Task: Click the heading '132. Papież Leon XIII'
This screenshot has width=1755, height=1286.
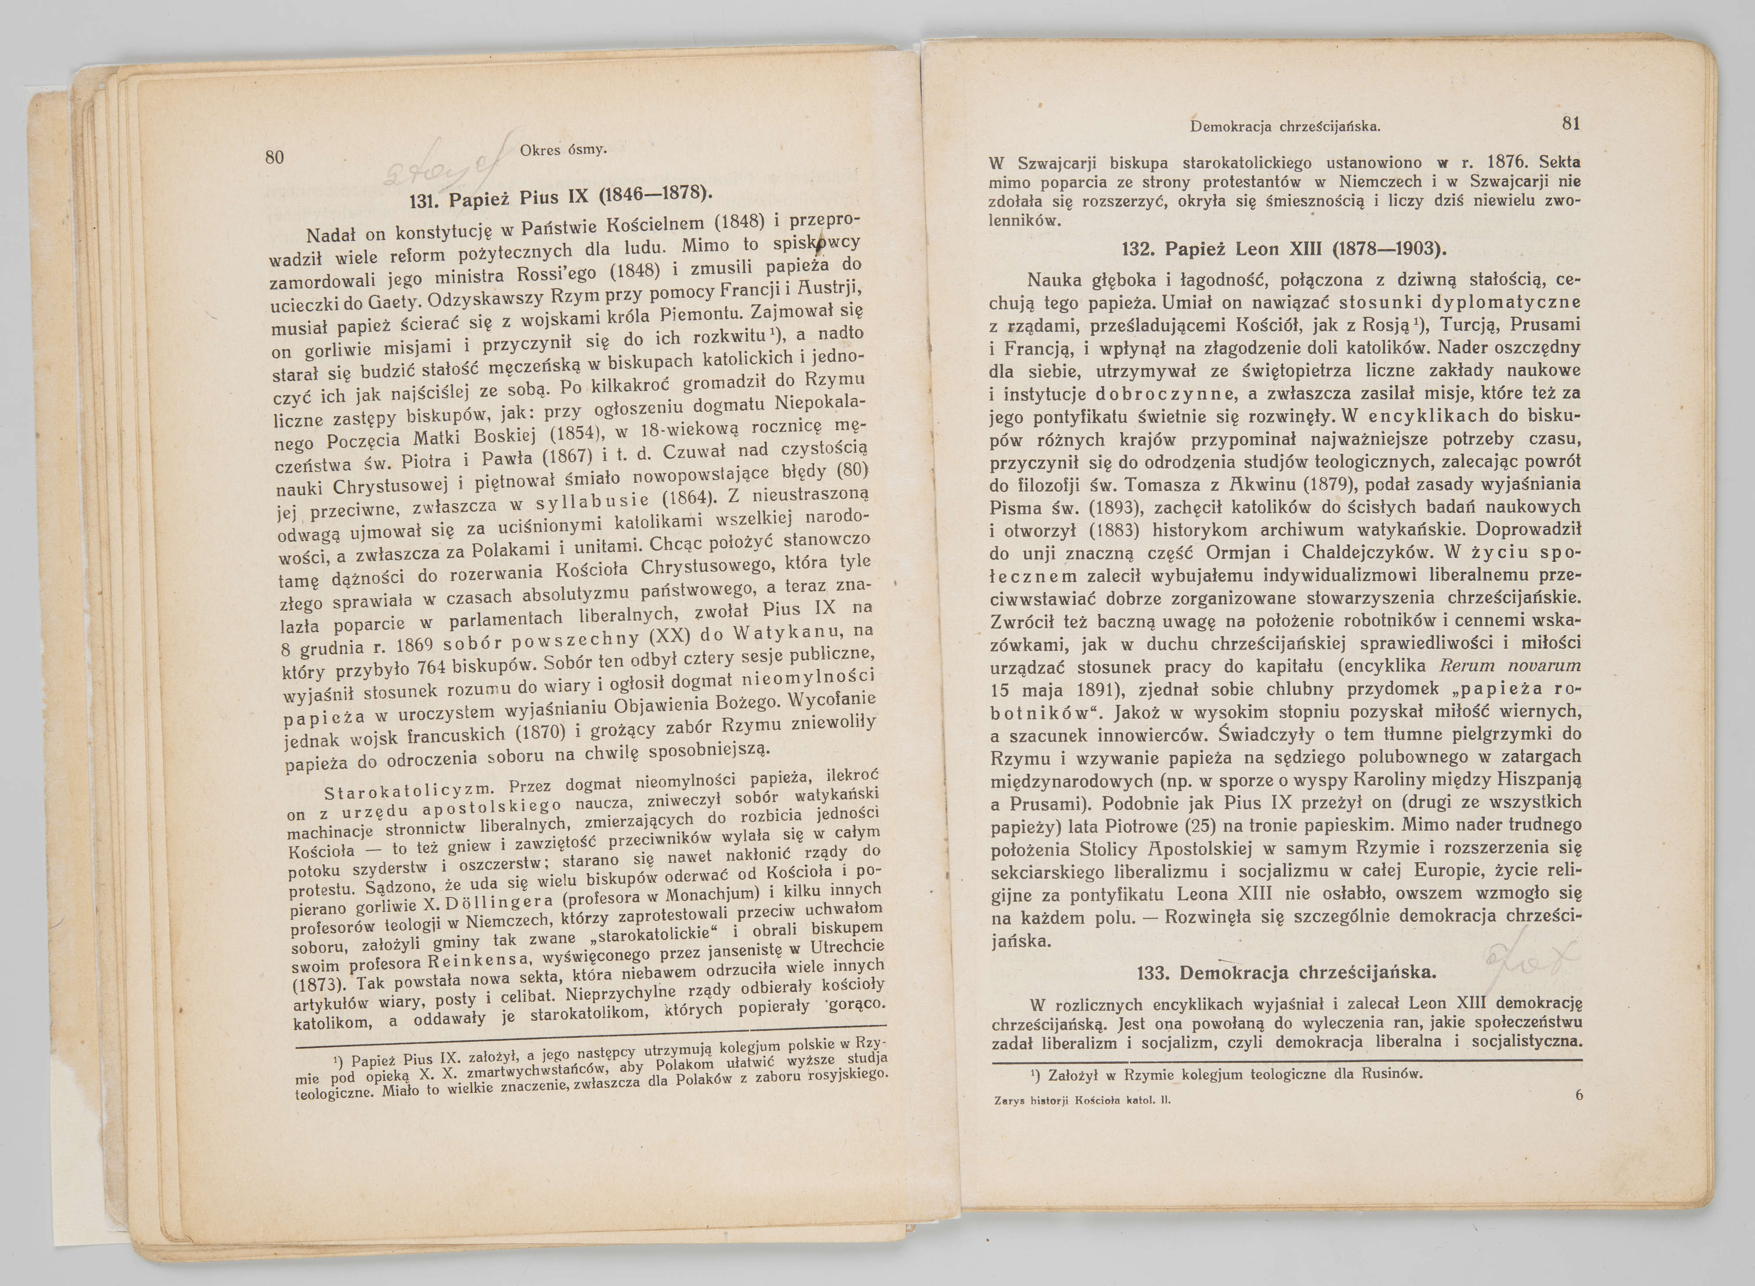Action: click(x=1284, y=249)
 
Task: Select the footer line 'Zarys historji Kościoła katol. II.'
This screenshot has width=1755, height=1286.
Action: click(x=1082, y=1101)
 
